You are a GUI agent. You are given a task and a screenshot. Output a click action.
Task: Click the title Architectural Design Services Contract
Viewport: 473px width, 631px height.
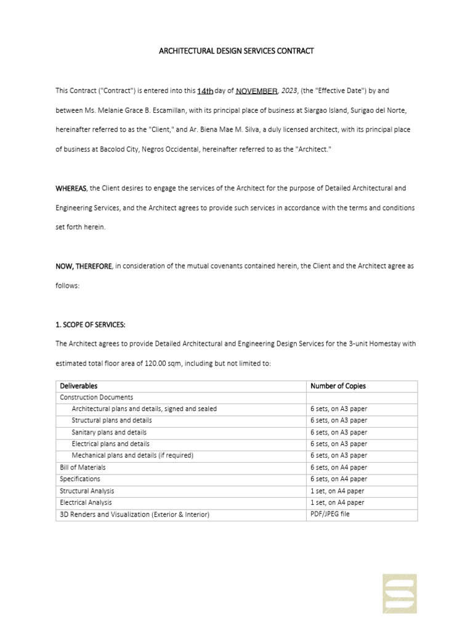[236, 51]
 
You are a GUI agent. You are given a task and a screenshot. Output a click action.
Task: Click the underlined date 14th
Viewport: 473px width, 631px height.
[205, 91]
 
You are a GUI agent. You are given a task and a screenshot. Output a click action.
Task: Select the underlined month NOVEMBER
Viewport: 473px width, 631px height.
[257, 91]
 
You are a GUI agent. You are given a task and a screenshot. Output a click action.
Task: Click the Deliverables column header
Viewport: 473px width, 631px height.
[78, 386]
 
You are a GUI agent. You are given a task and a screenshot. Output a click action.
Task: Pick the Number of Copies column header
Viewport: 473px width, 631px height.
[338, 386]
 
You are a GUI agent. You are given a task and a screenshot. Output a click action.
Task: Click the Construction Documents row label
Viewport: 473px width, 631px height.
[96, 397]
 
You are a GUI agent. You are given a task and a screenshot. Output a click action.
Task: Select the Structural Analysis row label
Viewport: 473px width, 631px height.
[86, 491]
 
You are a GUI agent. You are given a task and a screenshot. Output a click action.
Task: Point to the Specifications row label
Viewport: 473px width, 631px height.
[79, 479]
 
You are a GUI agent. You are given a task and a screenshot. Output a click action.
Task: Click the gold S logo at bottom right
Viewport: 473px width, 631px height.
[400, 593]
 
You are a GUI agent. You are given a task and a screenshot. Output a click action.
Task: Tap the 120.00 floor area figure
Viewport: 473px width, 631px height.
[162, 364]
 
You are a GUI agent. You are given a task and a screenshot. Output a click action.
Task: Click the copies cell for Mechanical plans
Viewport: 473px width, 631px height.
[339, 456]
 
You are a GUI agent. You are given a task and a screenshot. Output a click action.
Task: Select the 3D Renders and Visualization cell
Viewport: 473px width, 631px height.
[134, 515]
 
